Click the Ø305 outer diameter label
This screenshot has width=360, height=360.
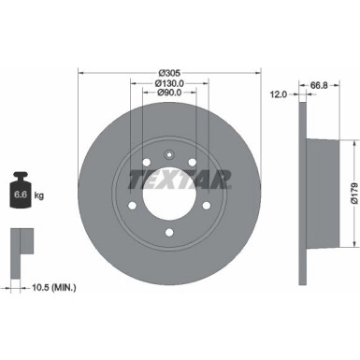pyautogui.click(x=169, y=72)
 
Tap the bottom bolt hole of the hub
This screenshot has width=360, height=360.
pyautogui.click(x=167, y=234)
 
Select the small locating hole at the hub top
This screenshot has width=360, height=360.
pyautogui.click(x=167, y=156)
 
